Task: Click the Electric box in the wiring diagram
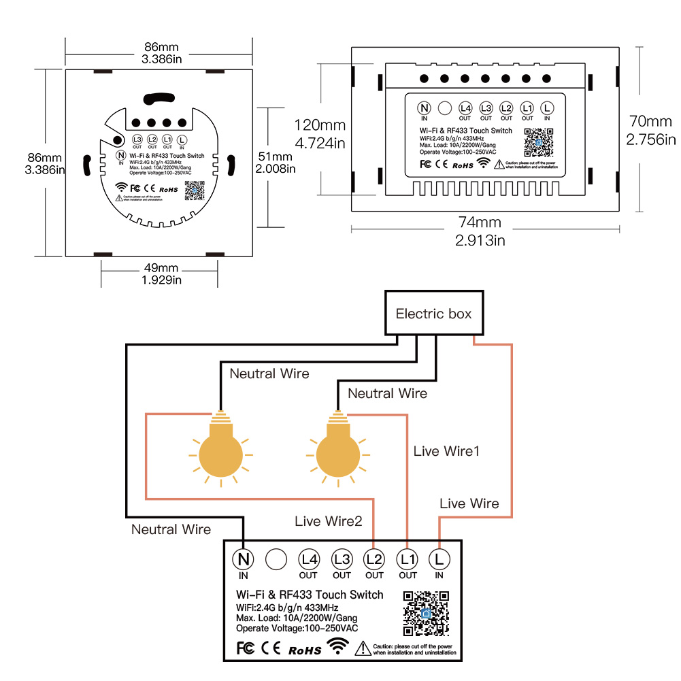pos(434,314)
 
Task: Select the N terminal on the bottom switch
pos(243,559)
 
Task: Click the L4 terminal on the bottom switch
pos(309,559)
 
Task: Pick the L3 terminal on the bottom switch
pos(342,559)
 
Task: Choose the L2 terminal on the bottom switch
pos(374,559)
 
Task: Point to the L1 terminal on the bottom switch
pos(407,559)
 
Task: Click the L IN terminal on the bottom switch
pos(439,559)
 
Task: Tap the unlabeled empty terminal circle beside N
pos(276,559)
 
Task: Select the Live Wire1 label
pos(446,451)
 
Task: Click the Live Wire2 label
pos(329,521)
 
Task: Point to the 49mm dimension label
pos(161,267)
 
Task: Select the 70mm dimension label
pos(650,122)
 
